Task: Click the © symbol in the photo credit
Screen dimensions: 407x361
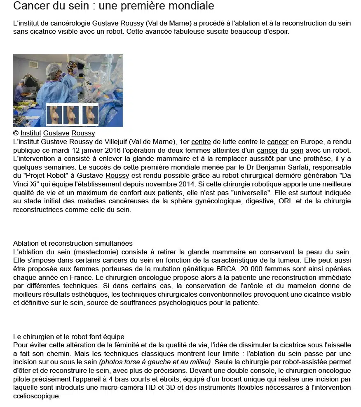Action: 16,133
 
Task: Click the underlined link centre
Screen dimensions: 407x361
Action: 201,142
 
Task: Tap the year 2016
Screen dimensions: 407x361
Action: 109,151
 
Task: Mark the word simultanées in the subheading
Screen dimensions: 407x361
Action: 113,244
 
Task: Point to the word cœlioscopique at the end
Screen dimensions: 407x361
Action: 37,396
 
